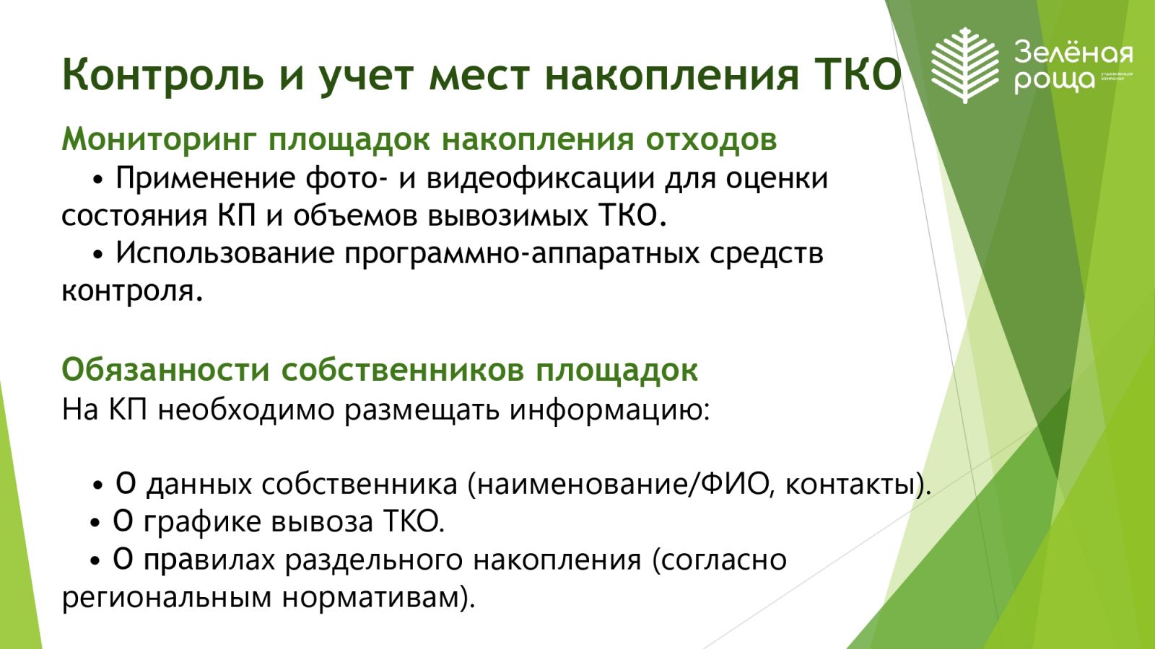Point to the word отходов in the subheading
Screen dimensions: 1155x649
[x=711, y=140]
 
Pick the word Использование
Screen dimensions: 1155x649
[x=225, y=252]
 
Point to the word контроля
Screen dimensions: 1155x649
[x=132, y=291]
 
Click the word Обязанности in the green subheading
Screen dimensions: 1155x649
[x=166, y=371]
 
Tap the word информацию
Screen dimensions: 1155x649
[x=610, y=411]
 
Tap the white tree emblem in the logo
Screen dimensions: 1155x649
[x=965, y=66]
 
